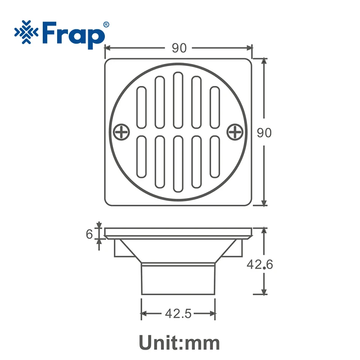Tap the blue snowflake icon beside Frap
(28, 33)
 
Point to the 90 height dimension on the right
(264, 133)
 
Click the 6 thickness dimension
(89, 234)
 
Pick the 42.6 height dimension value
(259, 265)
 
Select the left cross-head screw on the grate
(121, 132)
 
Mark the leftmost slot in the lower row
(141, 156)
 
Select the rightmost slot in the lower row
(215, 156)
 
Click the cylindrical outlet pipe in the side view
(179, 279)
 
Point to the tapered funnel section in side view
(179, 252)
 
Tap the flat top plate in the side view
(179, 233)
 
